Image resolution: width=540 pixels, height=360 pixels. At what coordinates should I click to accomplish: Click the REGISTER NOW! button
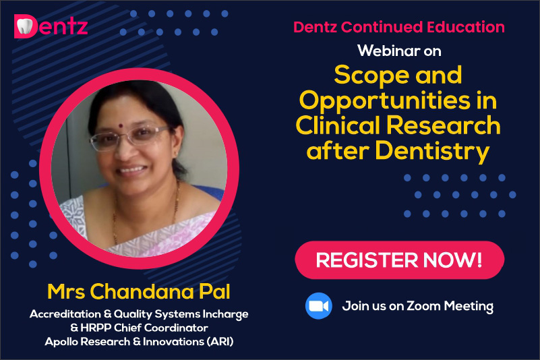(400, 260)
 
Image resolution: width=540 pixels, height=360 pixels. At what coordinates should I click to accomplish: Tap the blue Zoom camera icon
(319, 306)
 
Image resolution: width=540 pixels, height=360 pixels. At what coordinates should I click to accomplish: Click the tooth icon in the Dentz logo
(24, 26)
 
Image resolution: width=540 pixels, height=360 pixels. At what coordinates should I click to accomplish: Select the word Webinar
(389, 51)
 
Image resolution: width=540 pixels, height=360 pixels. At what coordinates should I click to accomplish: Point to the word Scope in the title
(371, 76)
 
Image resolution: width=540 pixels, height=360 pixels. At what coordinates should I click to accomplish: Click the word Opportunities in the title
(384, 101)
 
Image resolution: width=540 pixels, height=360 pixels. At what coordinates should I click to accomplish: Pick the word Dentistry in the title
(432, 152)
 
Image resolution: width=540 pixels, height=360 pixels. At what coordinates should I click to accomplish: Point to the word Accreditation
(65, 314)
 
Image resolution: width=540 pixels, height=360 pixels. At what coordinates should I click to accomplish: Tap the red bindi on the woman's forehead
(121, 125)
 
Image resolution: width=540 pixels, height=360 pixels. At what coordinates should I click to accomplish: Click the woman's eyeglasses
(129, 138)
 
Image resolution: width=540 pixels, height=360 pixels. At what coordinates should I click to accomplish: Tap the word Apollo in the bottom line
(62, 342)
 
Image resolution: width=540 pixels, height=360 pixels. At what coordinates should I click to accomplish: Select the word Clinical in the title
(339, 125)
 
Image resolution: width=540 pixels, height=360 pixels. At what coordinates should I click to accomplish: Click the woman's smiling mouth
(133, 170)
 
